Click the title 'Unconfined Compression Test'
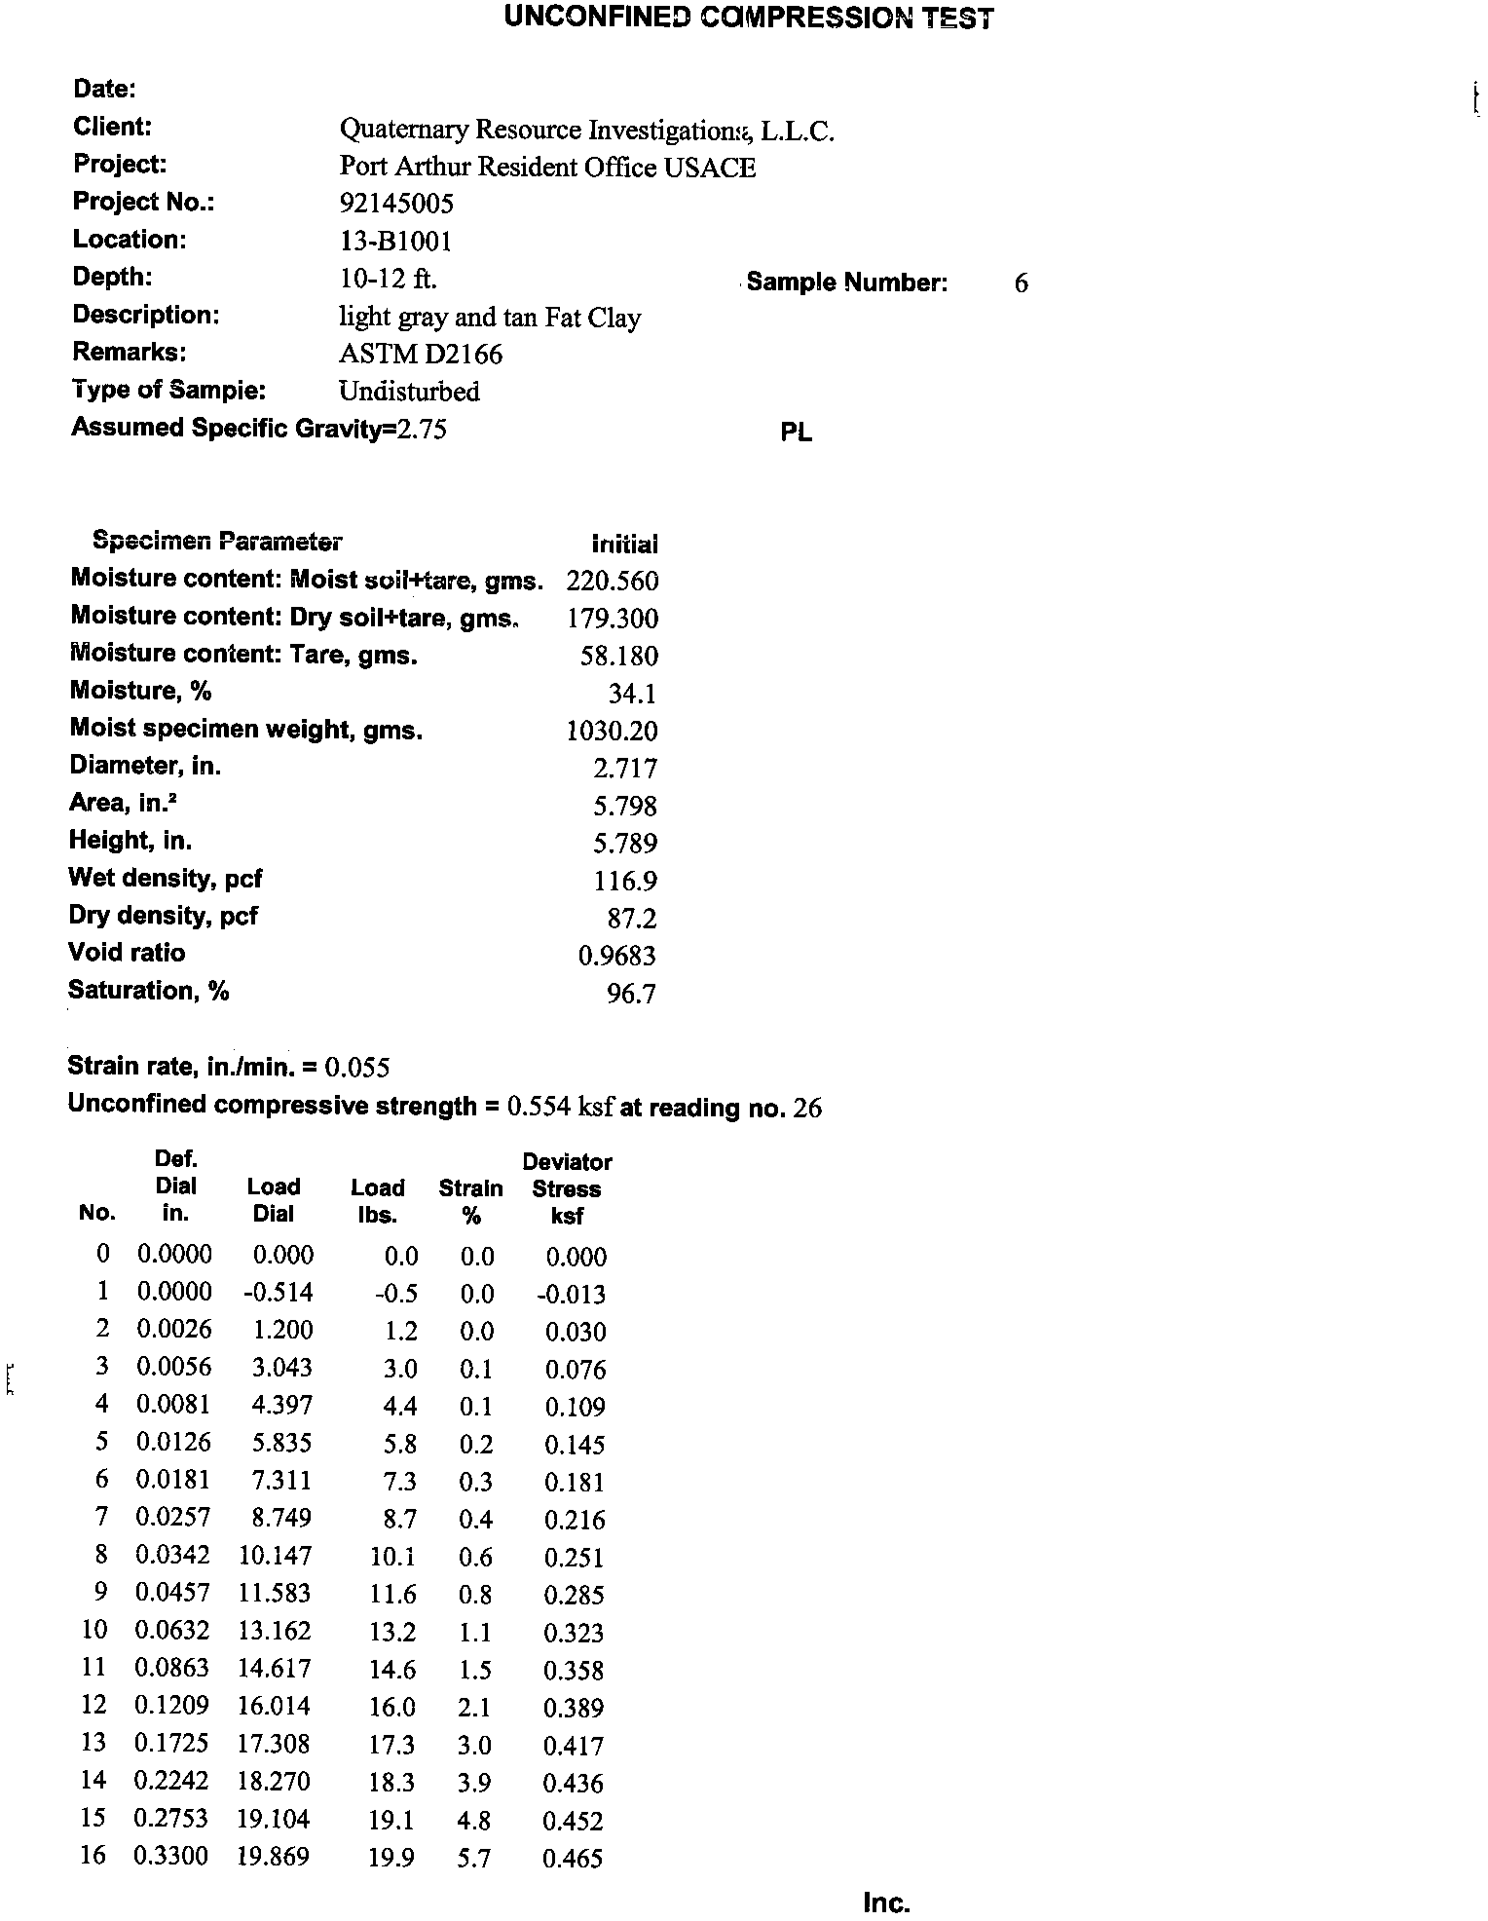(749, 18)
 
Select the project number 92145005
(396, 204)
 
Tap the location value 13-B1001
(395, 241)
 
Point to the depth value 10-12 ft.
(388, 279)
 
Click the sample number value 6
(1021, 283)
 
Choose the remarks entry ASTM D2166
(421, 354)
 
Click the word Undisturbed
(409, 392)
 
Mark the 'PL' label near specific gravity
(796, 433)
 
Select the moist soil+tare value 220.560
(612, 582)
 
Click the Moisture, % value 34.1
(632, 694)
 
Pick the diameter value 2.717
(625, 769)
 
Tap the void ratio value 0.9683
(617, 956)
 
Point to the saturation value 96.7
(631, 994)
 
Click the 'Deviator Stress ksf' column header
(567, 1188)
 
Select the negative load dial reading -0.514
(279, 1293)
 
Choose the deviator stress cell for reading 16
(573, 1859)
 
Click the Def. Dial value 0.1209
(172, 1706)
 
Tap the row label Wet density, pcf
(165, 879)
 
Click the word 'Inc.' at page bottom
(885, 1902)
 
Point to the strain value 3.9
(474, 1783)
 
